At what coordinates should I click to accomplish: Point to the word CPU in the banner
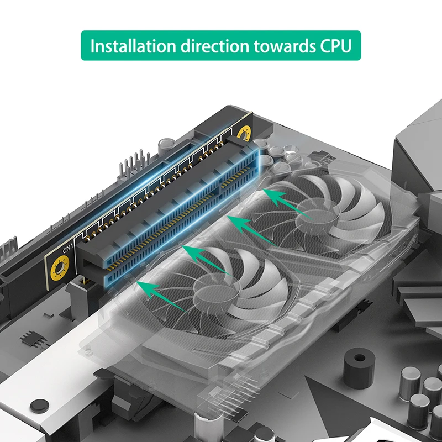point(335,46)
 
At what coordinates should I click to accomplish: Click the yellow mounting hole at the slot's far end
point(243,133)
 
